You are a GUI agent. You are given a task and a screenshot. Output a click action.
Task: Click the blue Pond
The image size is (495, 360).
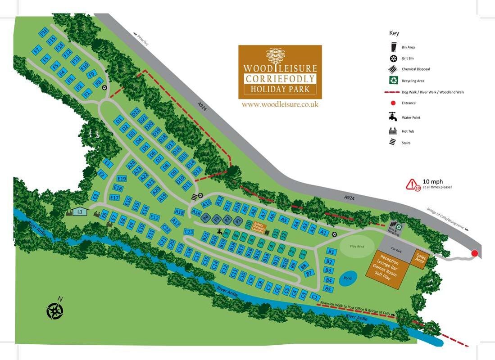pyautogui.click(x=347, y=278)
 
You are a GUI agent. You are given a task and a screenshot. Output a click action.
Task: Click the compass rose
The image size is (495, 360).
pyautogui.click(x=55, y=310)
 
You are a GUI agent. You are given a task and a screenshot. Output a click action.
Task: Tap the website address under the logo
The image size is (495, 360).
pyautogui.click(x=280, y=104)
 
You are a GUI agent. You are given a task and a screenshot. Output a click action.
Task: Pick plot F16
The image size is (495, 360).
pyautogui.click(x=44, y=32)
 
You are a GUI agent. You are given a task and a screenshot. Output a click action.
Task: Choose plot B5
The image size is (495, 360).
pyautogui.click(x=328, y=289)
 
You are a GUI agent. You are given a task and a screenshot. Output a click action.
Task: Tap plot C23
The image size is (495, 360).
pyautogui.click(x=189, y=232)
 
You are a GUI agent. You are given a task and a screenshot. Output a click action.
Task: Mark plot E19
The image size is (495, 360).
pyautogui.click(x=121, y=179)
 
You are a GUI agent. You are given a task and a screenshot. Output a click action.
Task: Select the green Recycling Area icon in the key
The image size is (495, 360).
pyautogui.click(x=394, y=81)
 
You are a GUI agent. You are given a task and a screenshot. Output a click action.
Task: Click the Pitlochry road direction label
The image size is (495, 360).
pyautogui.click(x=144, y=40)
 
